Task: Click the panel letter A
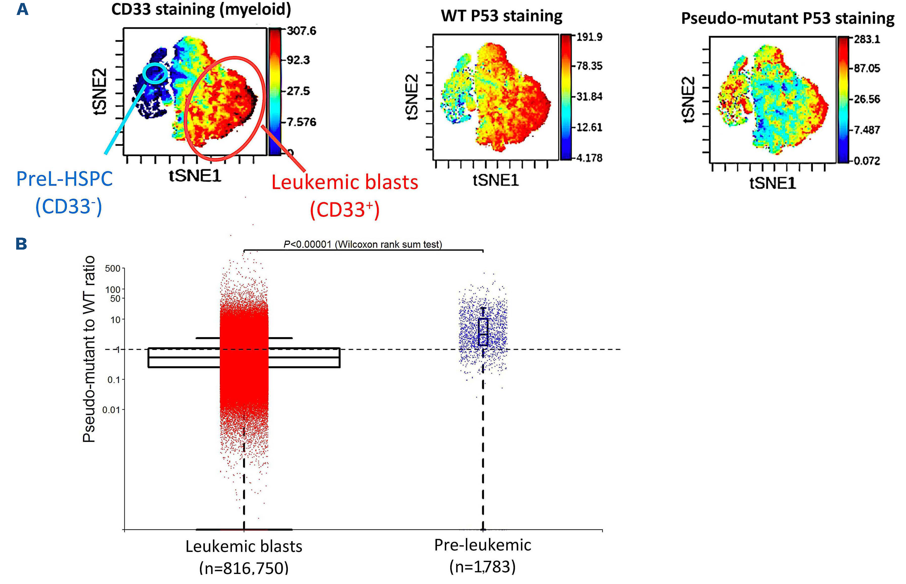coord(22,9)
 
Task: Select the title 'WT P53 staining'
coord(502,16)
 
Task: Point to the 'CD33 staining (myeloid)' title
coord(201,9)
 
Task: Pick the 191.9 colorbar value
coord(589,37)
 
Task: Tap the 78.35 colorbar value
coord(589,66)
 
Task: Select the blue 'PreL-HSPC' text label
coord(64,179)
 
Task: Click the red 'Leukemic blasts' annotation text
coord(345,182)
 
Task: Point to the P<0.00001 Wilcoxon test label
coord(363,244)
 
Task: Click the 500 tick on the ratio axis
coord(113,269)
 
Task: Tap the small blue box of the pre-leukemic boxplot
coord(483,332)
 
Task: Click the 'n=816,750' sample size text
coord(244,568)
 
